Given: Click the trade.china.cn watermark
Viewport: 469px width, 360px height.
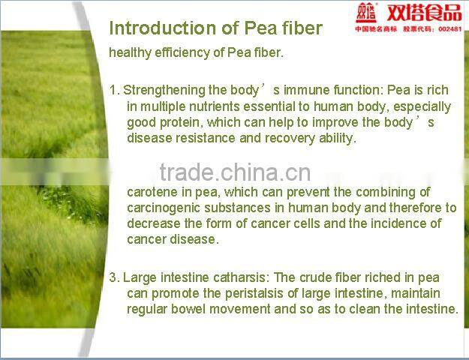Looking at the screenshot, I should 235,172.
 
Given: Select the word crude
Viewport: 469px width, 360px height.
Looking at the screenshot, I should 326,277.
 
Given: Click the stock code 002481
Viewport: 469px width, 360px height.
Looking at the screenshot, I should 448,29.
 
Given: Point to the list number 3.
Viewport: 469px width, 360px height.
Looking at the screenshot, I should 113,277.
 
